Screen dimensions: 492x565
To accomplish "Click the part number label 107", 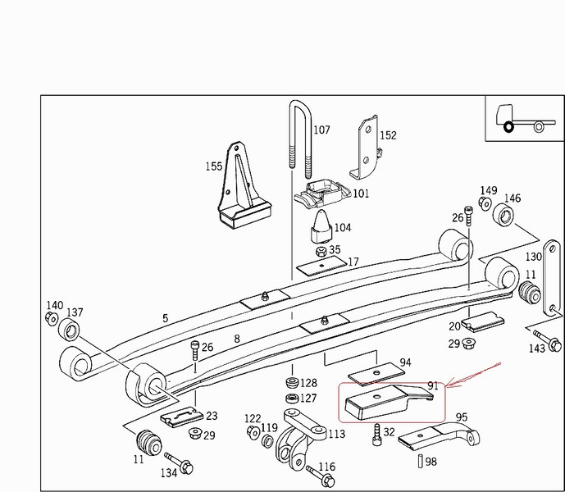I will click(x=321, y=130).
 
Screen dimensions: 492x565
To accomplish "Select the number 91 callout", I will click(x=433, y=385).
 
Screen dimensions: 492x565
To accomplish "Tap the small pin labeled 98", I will click(x=420, y=462).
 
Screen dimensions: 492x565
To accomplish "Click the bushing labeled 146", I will click(x=503, y=216).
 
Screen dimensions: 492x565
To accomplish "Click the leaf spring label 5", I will click(x=165, y=318).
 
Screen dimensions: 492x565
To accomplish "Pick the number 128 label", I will click(x=308, y=383).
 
